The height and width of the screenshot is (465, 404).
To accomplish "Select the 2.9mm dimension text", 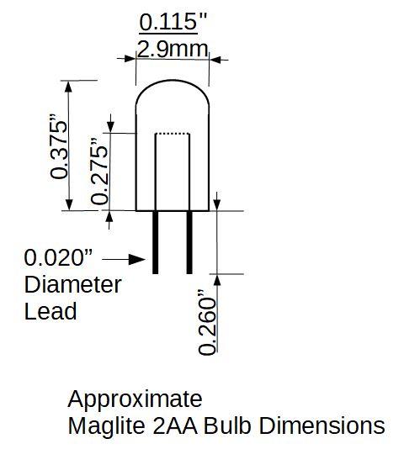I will point(173,49).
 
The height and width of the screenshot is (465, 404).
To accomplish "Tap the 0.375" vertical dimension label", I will point(59,145).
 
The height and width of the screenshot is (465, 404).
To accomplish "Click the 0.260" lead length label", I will point(207,324).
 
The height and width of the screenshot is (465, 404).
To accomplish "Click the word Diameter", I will point(72,284).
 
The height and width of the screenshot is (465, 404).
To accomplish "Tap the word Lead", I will point(50,311).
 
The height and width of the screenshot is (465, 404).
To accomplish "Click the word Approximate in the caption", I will point(135,399).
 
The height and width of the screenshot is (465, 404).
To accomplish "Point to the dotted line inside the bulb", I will point(173,135).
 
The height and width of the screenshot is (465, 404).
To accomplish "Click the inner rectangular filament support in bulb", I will point(173,172).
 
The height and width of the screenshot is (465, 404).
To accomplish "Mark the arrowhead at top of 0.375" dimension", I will point(69,87).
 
